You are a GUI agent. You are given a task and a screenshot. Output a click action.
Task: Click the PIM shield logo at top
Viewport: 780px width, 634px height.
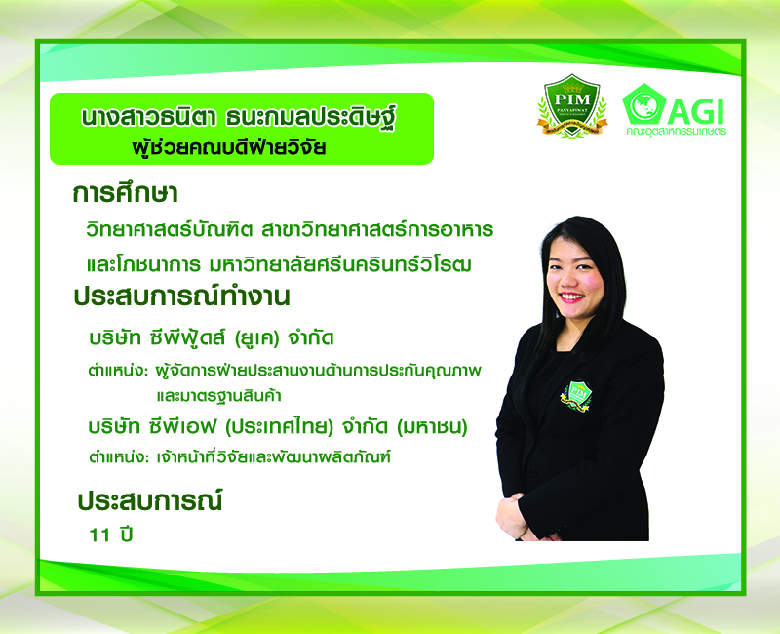point(572,105)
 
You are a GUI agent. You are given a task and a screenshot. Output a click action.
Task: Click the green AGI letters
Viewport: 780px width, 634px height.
point(695,111)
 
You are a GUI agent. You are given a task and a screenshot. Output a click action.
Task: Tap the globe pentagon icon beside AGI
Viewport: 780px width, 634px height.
point(644,104)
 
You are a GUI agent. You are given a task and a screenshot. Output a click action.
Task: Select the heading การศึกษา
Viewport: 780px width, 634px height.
point(125,193)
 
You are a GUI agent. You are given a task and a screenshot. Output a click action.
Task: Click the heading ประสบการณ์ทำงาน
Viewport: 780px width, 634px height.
point(181,297)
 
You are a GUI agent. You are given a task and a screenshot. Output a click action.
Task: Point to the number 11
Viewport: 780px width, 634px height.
point(99,535)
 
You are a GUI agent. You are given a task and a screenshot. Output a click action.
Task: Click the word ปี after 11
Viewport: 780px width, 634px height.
point(127,534)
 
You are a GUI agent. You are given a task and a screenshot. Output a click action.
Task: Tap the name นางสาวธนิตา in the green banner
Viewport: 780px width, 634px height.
point(147,118)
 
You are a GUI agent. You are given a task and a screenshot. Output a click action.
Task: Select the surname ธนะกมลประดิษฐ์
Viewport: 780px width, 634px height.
point(310,118)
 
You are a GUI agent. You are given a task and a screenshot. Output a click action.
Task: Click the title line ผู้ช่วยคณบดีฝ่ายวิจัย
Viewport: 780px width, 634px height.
point(229,147)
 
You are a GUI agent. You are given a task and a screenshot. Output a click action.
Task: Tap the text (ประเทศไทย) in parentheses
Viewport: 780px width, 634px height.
point(279,426)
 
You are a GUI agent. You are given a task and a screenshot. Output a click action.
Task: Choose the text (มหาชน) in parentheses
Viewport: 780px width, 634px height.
point(432,427)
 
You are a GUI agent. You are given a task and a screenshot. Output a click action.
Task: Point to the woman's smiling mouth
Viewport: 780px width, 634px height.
point(571,297)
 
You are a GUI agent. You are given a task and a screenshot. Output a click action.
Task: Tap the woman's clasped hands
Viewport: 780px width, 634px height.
point(518,519)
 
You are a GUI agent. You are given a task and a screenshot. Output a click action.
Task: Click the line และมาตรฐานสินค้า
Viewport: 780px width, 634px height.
point(218,396)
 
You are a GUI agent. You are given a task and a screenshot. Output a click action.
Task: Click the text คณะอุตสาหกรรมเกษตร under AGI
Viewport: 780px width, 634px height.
point(676,132)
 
